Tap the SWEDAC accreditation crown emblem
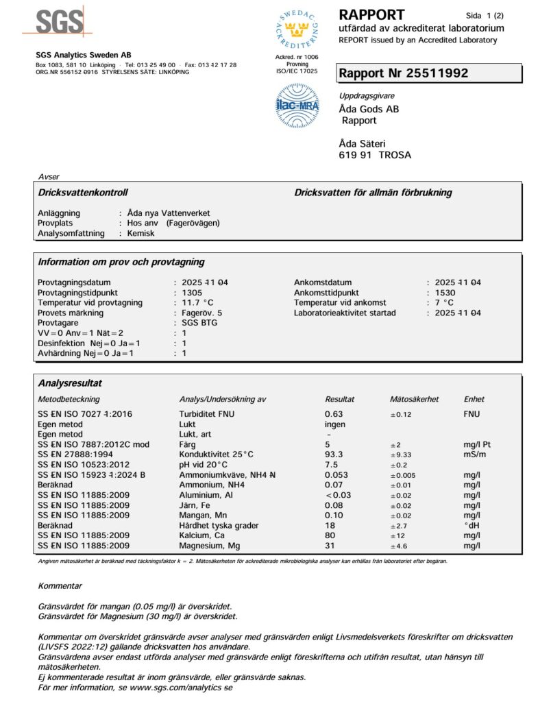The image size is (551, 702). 297,30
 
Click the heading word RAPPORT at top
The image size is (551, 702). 371,14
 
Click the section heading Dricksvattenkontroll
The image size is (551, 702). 83,193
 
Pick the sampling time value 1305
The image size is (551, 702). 192,293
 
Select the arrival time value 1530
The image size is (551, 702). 445,293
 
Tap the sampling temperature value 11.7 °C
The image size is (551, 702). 197,303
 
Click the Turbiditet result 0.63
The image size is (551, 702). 334,414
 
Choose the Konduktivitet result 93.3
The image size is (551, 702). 334,455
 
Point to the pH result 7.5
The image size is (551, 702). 330,465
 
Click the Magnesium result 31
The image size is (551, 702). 330,546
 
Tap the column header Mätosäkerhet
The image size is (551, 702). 414,399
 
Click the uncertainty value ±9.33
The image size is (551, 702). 404,455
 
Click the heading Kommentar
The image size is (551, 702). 60,586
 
